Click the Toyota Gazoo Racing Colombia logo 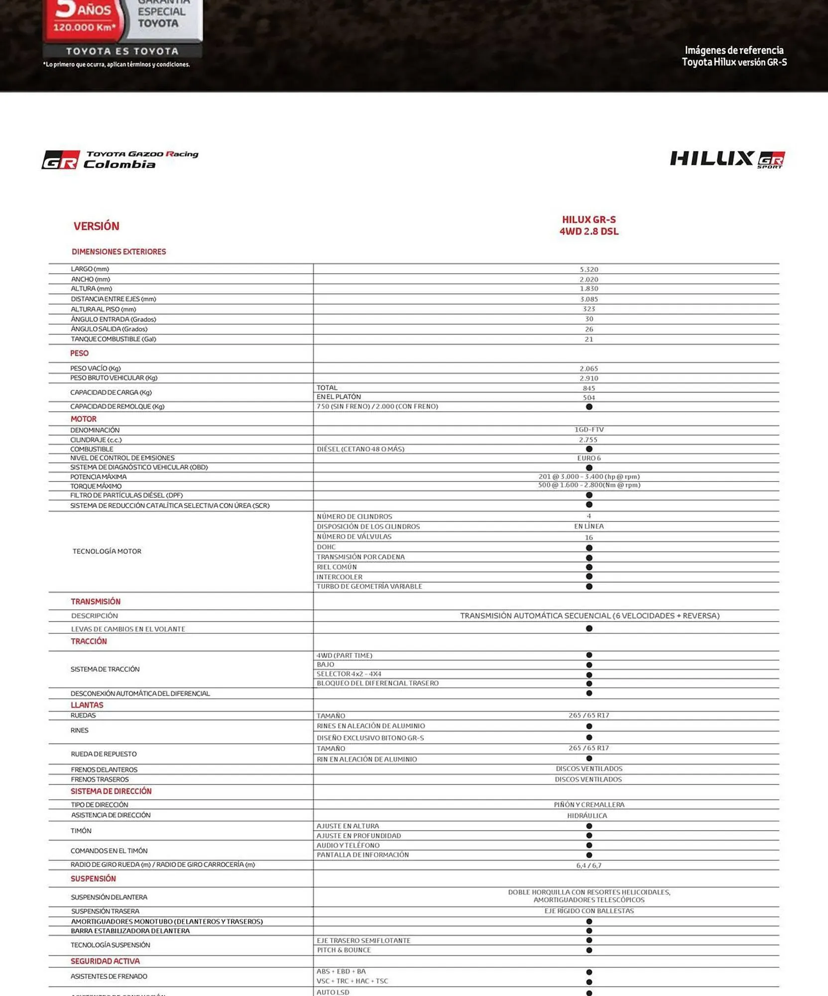[x=120, y=160]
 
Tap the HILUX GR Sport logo [x=727, y=159]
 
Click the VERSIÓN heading [x=96, y=226]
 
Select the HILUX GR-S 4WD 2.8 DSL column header [x=589, y=226]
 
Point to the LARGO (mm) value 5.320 [x=589, y=269]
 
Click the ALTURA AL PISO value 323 [x=589, y=309]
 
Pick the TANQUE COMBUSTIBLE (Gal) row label [x=114, y=339]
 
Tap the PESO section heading [x=79, y=353]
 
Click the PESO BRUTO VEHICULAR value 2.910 [x=589, y=378]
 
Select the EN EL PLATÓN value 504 [x=589, y=397]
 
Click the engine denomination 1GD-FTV [x=589, y=429]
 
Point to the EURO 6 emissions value [x=589, y=458]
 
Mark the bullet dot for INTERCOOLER [x=589, y=576]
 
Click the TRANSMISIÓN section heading [x=96, y=602]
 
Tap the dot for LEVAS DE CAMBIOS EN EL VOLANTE [x=589, y=628]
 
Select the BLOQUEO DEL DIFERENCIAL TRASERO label [x=377, y=683]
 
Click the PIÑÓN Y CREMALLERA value [x=589, y=805]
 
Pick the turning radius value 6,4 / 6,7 [x=589, y=866]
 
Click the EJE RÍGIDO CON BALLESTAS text [x=589, y=911]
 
